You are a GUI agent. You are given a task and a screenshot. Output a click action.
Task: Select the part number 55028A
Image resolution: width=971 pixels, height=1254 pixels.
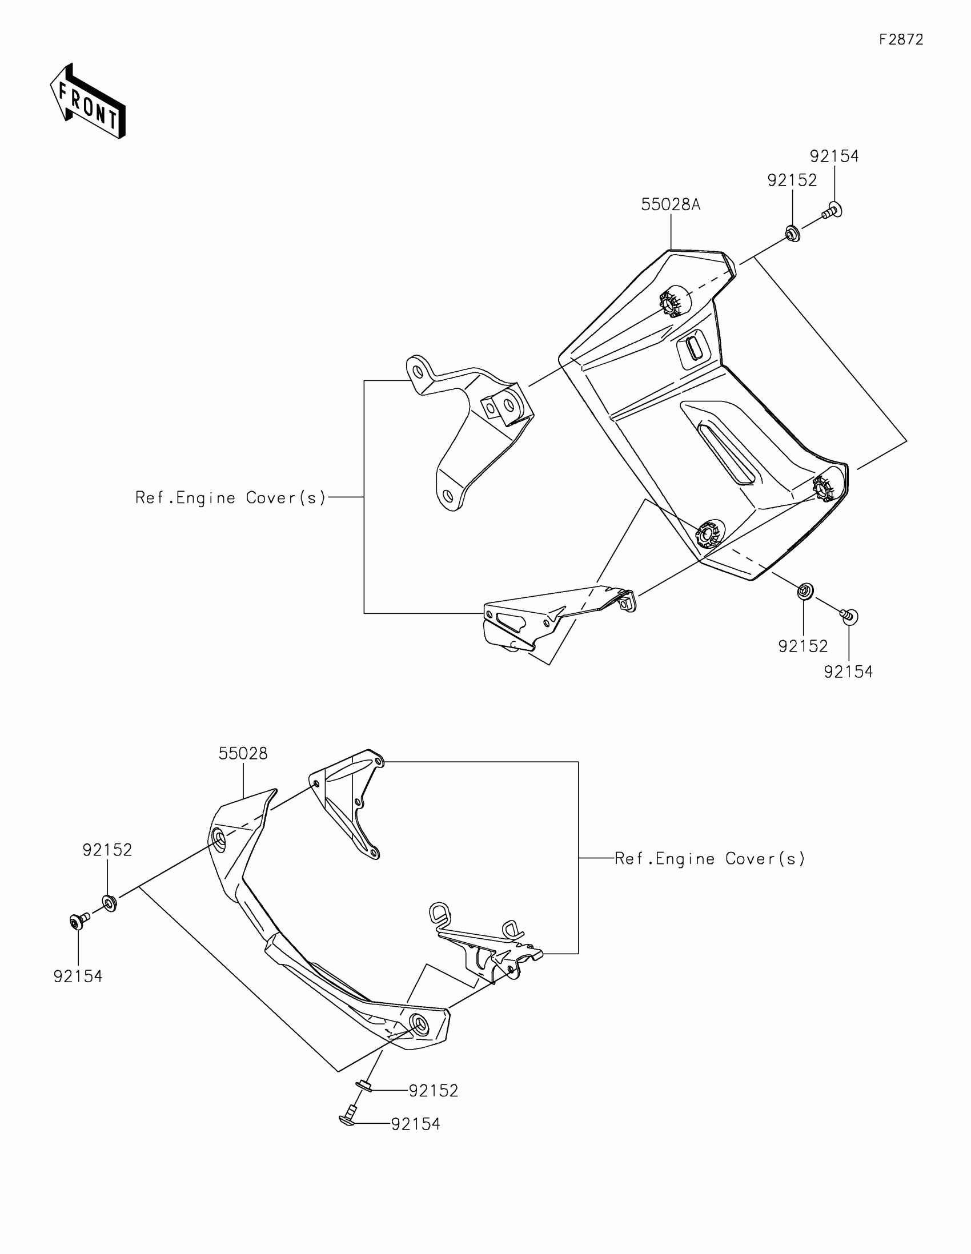671,204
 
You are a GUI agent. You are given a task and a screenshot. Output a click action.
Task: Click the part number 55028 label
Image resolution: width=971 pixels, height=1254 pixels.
243,754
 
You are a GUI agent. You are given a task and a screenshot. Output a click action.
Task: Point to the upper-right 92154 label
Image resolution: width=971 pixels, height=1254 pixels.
834,156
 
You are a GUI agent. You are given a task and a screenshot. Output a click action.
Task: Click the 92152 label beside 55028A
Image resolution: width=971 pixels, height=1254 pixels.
792,180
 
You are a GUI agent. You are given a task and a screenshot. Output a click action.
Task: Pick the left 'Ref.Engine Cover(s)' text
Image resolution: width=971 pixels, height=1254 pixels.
230,497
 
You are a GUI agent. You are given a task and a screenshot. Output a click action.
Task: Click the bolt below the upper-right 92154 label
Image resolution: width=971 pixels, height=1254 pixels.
832,211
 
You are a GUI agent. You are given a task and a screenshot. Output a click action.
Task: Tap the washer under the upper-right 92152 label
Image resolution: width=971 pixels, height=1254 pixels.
792,234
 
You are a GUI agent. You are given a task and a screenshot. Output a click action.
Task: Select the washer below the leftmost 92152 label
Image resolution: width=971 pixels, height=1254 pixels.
109,903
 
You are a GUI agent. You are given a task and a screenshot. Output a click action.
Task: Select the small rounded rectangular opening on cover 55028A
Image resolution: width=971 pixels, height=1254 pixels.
694,347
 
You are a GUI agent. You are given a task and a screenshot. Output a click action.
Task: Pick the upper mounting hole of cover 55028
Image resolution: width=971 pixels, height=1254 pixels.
219,840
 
